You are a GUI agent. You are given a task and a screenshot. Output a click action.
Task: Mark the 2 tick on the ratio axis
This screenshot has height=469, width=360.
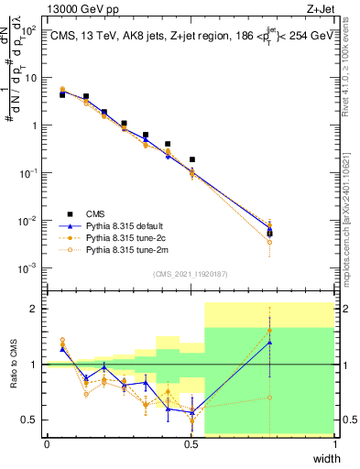pos(35,309)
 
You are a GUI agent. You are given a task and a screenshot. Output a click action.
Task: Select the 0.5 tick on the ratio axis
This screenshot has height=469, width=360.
pos(31,420)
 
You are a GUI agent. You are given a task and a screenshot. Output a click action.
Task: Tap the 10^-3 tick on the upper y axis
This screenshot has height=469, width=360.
pos(29,267)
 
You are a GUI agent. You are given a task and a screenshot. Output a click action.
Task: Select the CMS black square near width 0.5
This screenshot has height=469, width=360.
pos(191,159)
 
